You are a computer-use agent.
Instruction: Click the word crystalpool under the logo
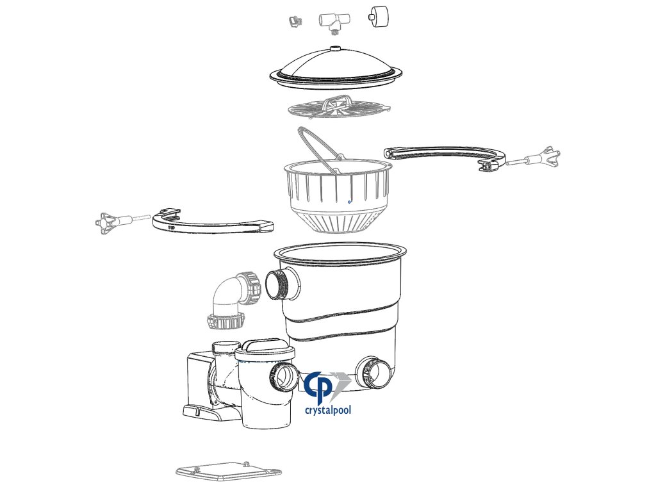pyautogui.click(x=328, y=410)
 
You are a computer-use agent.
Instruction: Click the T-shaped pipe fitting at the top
pyautogui.click(x=334, y=22)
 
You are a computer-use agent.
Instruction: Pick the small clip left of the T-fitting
pyautogui.click(x=296, y=21)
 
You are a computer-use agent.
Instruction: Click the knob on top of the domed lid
pyautogui.click(x=334, y=49)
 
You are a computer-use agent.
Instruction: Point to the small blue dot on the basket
pyautogui.click(x=349, y=202)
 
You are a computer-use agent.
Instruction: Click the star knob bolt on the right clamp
pyautogui.click(x=534, y=158)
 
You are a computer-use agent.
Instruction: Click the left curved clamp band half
pyautogui.click(x=213, y=221)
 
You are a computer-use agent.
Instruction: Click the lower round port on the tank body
pyautogui.click(x=373, y=373)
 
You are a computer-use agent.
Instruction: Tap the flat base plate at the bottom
pyautogui.click(x=229, y=471)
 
